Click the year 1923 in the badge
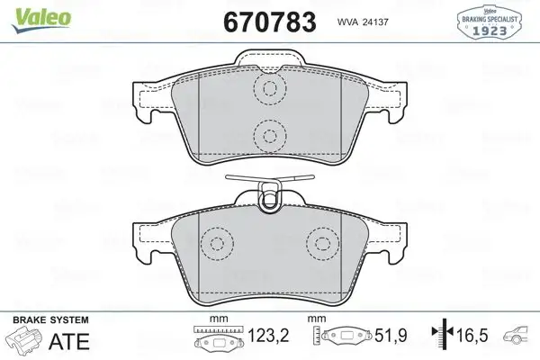pyautogui.click(x=498, y=29)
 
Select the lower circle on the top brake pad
pyautogui.click(x=267, y=137)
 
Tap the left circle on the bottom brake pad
pyautogui.click(x=216, y=244)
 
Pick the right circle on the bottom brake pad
pyautogui.click(x=320, y=244)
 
